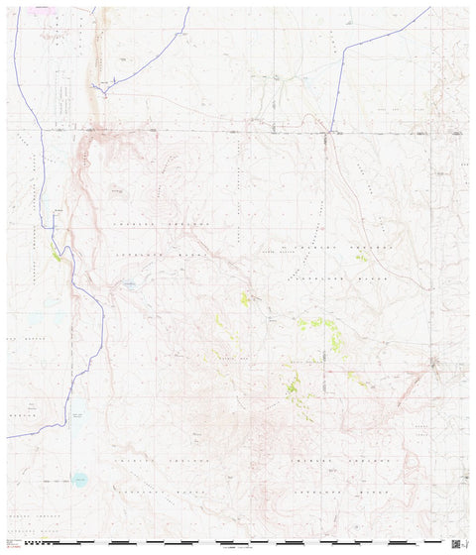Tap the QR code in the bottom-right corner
456,543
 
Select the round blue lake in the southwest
79,480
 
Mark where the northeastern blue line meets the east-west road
330,130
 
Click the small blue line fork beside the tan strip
114,77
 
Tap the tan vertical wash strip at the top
98,50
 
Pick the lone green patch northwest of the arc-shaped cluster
245,297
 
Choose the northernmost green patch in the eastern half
361,259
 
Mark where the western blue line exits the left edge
8,436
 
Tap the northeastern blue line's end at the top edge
430,8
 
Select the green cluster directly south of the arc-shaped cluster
293,382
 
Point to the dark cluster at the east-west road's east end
457,132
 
